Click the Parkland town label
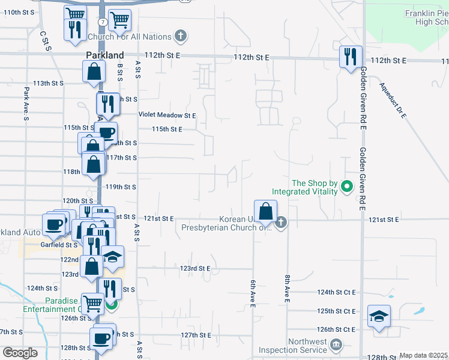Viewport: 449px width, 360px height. (x=104, y=55)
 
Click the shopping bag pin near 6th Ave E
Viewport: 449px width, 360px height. (x=265, y=212)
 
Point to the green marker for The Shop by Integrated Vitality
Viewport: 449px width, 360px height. (x=346, y=187)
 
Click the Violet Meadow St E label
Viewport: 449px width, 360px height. (x=167, y=115)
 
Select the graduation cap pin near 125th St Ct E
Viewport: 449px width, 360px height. (x=378, y=316)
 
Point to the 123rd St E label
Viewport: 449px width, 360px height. (x=195, y=269)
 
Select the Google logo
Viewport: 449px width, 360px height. (x=20, y=353)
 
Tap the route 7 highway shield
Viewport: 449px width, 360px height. (x=103, y=22)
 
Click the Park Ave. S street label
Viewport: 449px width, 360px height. (x=26, y=103)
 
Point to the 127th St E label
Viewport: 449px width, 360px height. (x=195, y=335)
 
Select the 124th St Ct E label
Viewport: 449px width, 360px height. (x=337, y=292)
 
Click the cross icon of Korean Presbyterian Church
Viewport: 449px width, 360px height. (x=280, y=223)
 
